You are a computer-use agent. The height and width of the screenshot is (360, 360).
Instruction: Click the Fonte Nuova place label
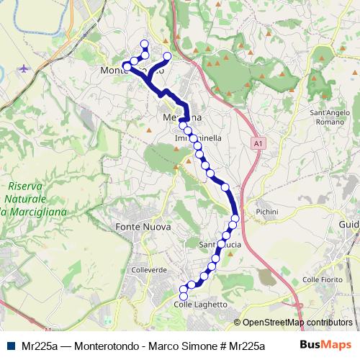pyautogui.click(x=143, y=227)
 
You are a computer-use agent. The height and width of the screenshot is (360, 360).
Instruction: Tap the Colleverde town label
pyautogui.click(x=149, y=270)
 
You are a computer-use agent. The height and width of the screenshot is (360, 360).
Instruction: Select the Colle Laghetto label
pyautogui.click(x=201, y=305)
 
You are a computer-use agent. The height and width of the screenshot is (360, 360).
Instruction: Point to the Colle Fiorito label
pyautogui.click(x=321, y=279)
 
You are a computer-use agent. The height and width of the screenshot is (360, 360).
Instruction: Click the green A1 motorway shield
pyautogui.click(x=258, y=145)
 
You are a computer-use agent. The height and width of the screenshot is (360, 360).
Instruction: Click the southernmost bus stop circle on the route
pyautogui.click(x=183, y=295)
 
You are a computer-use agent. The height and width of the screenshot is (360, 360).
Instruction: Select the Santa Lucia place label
pyautogui.click(x=225, y=245)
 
